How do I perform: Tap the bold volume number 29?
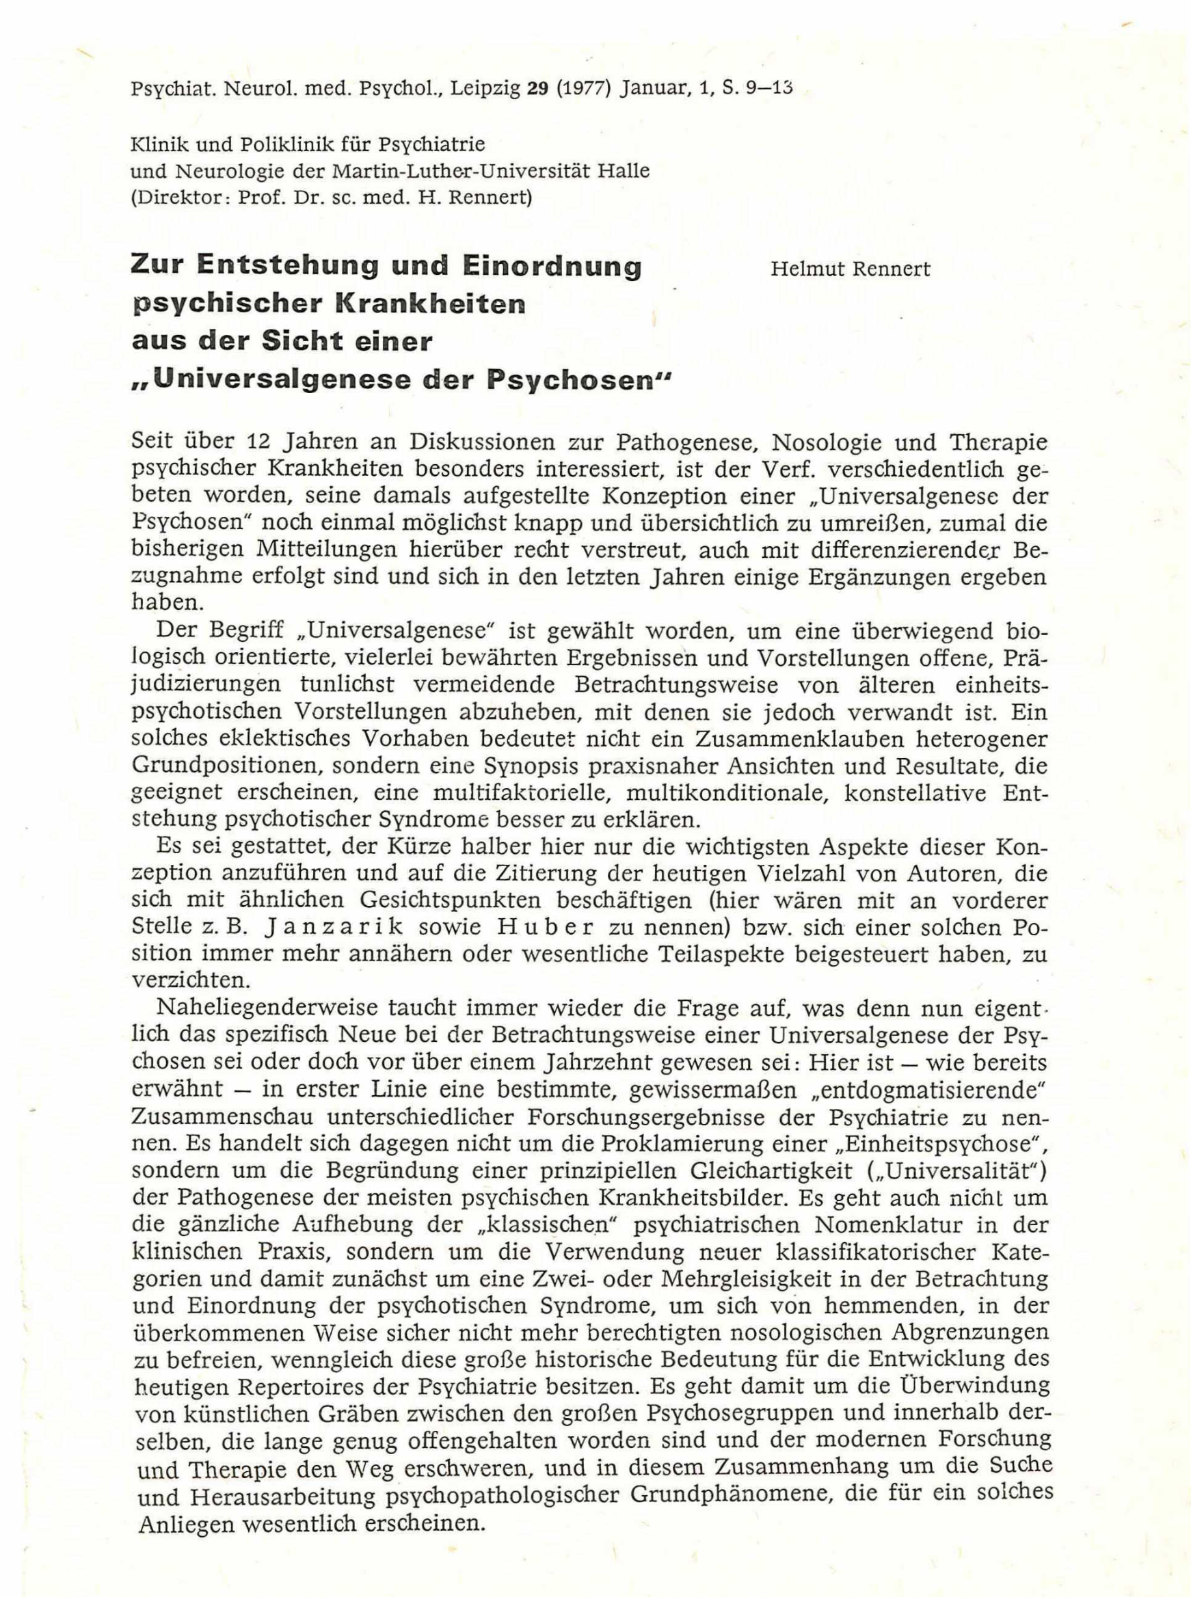point(539,90)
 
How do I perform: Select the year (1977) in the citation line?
point(585,90)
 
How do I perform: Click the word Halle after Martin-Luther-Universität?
point(624,171)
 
